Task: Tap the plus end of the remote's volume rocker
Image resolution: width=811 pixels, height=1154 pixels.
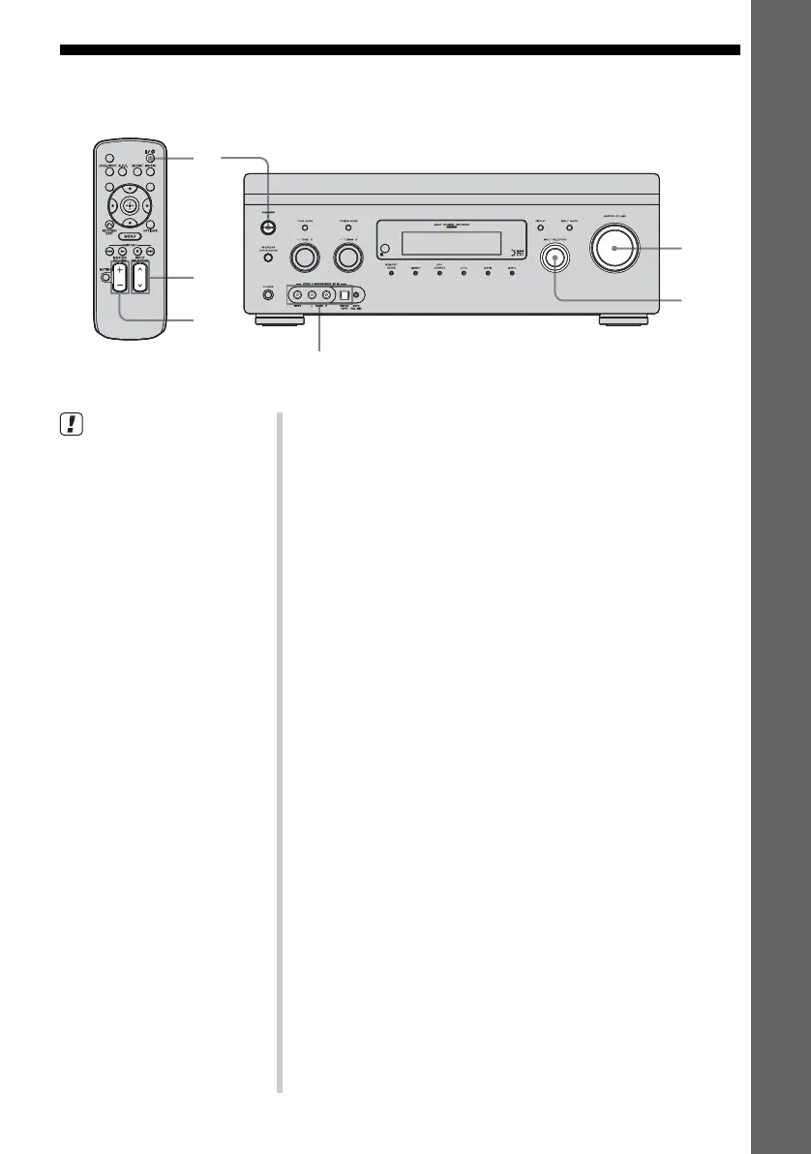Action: tap(118, 271)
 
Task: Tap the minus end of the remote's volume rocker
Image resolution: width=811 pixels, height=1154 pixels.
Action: tap(118, 287)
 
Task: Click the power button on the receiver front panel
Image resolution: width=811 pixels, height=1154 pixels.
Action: tap(267, 229)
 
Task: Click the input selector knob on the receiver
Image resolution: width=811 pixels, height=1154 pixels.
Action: tap(555, 258)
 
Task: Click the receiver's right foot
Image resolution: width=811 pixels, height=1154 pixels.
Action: tap(622, 319)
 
